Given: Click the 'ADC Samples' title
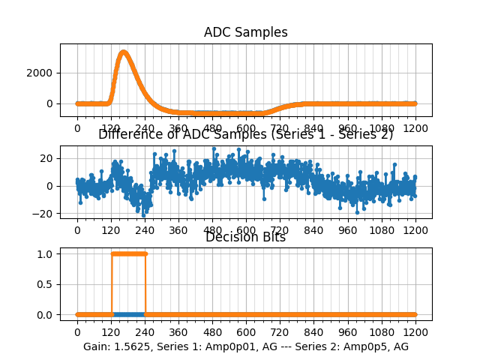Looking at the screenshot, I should tap(246, 32).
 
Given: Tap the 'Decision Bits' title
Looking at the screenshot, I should tap(246, 238).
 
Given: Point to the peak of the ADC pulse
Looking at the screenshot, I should tap(124, 52).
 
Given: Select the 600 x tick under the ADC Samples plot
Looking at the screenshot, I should tap(246, 128).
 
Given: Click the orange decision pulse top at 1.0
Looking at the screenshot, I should tap(128, 253).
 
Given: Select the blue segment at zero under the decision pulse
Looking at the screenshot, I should tap(128, 314).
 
